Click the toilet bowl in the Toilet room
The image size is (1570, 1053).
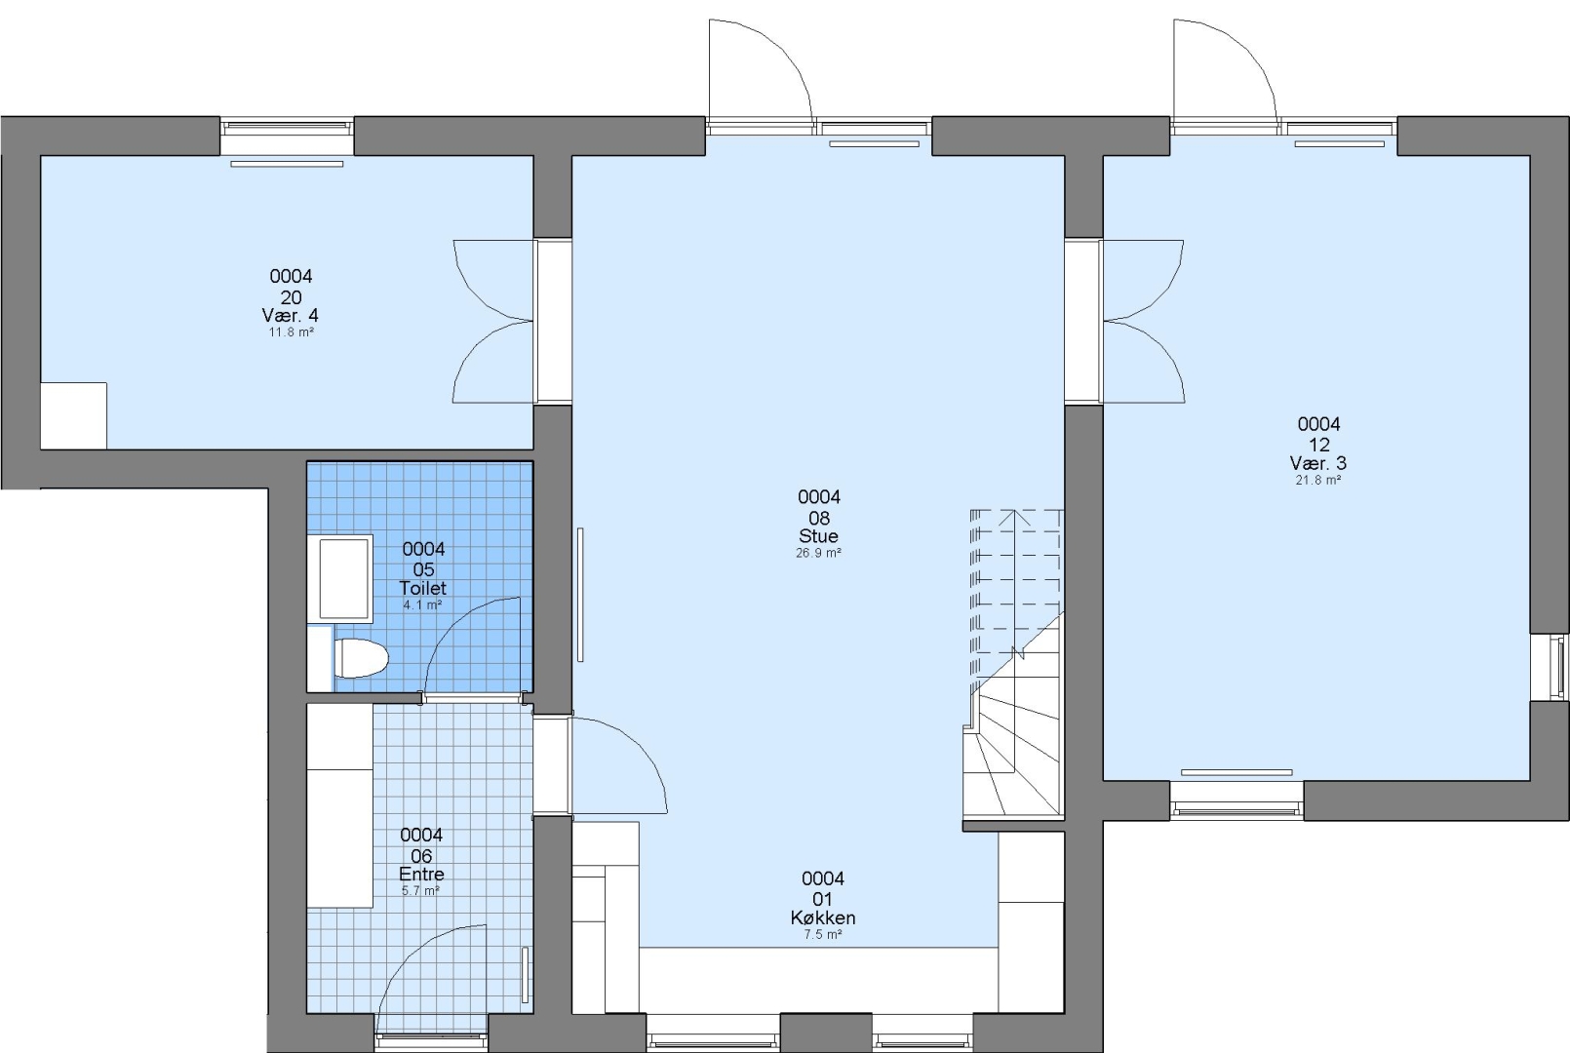tap(361, 658)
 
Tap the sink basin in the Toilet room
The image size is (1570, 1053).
tap(345, 579)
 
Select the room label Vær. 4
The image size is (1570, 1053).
tap(291, 315)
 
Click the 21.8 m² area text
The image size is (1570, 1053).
tap(1318, 480)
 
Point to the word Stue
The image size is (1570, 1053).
tap(819, 536)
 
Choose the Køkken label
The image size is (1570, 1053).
tap(823, 917)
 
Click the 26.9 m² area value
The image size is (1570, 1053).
tap(819, 553)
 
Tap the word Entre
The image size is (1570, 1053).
tap(421, 875)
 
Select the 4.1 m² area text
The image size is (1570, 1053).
tap(422, 604)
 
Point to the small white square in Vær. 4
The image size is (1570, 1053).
tap(73, 415)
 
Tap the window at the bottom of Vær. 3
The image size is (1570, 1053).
tap(1236, 800)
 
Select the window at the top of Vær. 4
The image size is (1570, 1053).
tap(287, 136)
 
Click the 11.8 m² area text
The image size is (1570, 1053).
tap(291, 332)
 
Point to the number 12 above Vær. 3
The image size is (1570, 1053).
tap(1319, 445)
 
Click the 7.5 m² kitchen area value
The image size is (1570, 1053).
tap(823, 935)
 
